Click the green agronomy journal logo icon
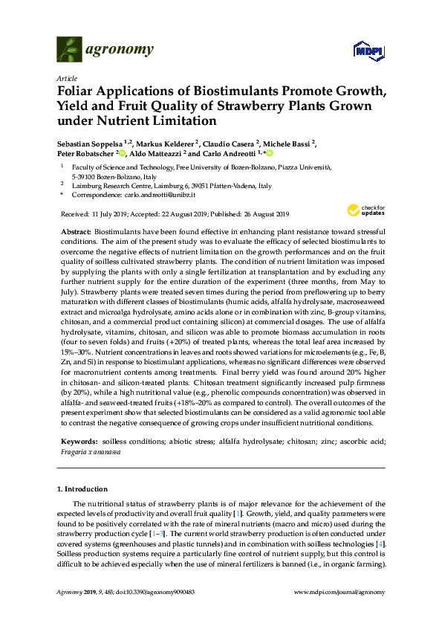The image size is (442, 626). point(69,50)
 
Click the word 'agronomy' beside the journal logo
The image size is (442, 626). point(121,50)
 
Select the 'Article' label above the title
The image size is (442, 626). point(66,78)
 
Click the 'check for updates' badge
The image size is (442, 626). point(363,211)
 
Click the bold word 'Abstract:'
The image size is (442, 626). point(77,233)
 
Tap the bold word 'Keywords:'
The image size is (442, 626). point(79,441)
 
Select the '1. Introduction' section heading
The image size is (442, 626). point(82,488)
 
